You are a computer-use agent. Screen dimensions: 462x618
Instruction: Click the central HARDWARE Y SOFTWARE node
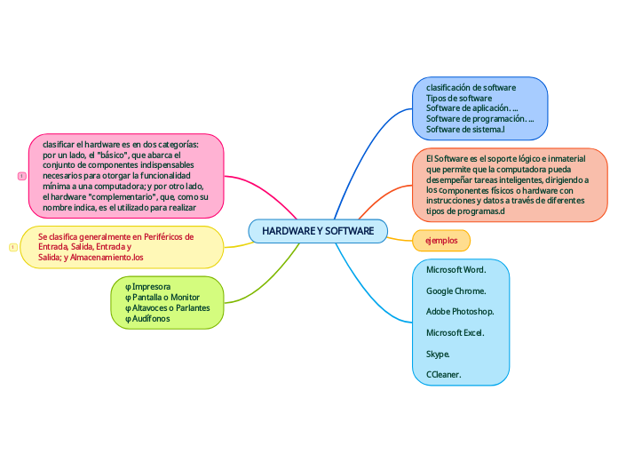click(x=318, y=231)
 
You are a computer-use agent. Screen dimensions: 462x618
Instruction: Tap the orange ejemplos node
click(x=441, y=241)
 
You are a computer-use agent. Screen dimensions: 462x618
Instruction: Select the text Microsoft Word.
click(x=456, y=269)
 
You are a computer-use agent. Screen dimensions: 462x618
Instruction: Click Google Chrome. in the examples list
click(x=456, y=291)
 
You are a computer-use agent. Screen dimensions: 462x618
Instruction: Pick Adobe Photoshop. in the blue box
click(x=460, y=312)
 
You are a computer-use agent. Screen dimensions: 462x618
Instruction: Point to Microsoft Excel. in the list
click(x=455, y=332)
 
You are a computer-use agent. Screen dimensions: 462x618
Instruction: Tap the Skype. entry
click(x=438, y=354)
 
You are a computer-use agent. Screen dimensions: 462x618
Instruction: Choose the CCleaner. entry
click(x=443, y=375)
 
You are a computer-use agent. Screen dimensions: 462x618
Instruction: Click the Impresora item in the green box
click(x=151, y=287)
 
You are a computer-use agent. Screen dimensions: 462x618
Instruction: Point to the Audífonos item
click(x=150, y=318)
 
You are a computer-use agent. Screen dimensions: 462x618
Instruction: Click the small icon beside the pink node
click(x=21, y=176)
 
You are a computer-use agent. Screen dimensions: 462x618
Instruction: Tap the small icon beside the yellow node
click(x=12, y=247)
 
